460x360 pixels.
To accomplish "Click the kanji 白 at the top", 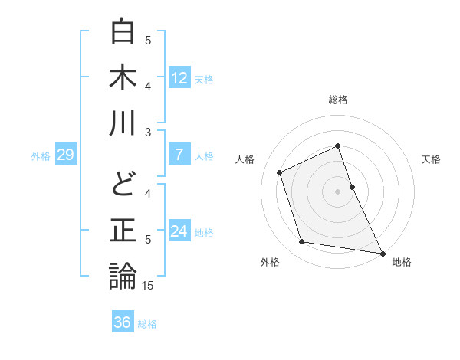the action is (123, 33).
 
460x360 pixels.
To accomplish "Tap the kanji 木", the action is (123, 77).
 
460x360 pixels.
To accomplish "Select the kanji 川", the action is (123, 123).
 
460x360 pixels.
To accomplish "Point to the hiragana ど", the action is (123, 185).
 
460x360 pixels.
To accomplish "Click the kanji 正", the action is (123, 231).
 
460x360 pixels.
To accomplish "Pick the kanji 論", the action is (123, 276).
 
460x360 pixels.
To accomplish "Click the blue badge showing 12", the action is (179, 78).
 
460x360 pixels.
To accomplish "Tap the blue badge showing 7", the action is (179, 155).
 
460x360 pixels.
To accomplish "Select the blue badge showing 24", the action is (179, 231).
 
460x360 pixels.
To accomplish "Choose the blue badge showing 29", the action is (65, 155).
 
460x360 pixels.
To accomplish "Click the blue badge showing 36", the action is (122, 322).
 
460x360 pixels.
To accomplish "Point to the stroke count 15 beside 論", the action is (149, 286).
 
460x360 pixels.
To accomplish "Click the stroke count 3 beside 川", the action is (148, 132).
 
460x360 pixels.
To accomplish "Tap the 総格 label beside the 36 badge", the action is (147, 324).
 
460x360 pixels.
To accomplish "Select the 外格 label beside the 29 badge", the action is (41, 156).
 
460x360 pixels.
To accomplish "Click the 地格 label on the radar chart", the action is (402, 262).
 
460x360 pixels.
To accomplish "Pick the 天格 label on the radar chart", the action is (432, 159).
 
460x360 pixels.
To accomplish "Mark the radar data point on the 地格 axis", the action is (382, 253).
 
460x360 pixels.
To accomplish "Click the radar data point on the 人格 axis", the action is (280, 172).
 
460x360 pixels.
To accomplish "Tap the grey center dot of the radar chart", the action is (337, 191).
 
